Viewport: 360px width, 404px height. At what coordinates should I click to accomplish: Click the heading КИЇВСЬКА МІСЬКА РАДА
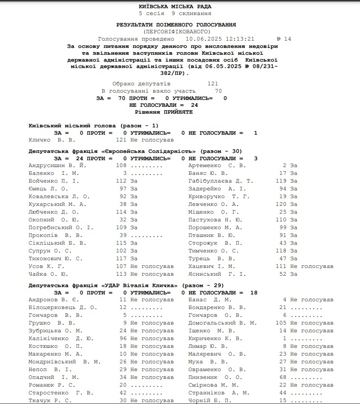coord(175,7)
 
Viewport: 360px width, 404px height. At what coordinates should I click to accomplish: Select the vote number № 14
coord(284,39)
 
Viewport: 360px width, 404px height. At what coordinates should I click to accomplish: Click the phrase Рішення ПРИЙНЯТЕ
coord(164,112)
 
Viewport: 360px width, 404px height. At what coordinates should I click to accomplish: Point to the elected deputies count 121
coord(213,84)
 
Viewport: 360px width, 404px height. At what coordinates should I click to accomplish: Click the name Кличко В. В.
coord(52,140)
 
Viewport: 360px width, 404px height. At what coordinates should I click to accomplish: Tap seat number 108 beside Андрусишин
coord(121,165)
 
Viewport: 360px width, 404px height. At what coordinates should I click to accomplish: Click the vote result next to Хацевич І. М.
coord(312,266)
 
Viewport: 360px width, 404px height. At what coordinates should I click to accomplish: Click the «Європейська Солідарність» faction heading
coord(135,151)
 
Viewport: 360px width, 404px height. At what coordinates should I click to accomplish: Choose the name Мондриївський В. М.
coord(64,362)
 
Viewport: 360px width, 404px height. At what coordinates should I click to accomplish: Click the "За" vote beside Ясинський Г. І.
coord(293,274)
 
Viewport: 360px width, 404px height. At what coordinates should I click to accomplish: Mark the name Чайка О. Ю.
coord(48,274)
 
